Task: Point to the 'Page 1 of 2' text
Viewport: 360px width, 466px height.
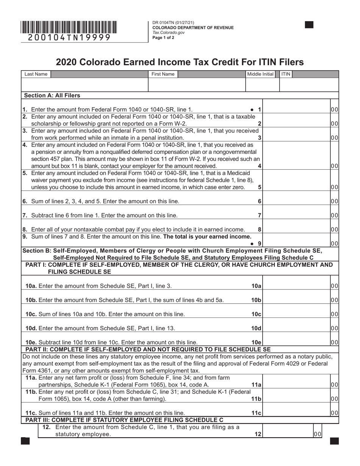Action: (163, 38)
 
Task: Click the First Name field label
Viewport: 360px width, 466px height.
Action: (163, 74)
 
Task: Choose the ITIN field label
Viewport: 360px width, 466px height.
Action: (286, 74)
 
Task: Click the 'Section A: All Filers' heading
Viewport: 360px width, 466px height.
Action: (52, 95)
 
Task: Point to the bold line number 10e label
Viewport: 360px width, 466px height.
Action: (257, 342)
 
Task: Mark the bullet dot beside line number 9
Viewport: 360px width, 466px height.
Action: (252, 244)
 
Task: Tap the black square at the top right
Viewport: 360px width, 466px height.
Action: (309, 25)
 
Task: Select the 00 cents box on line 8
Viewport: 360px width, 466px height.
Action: (334, 229)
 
